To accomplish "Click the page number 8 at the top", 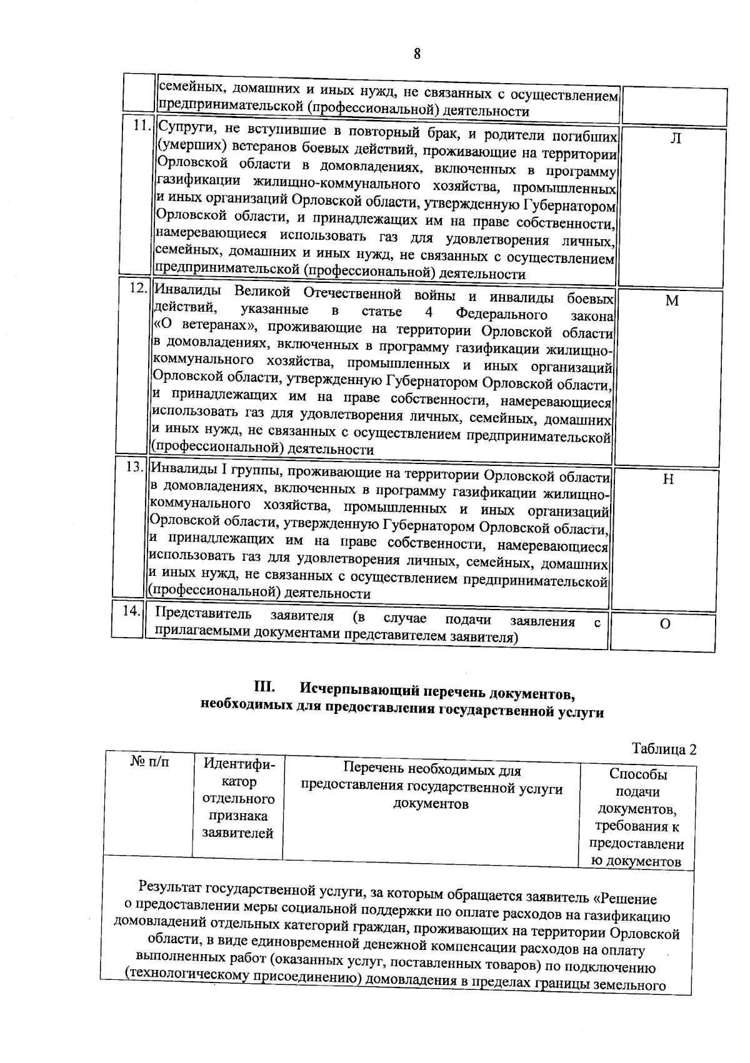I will (x=417, y=54).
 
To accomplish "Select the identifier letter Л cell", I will (x=676, y=139).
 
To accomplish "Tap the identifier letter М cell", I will (x=672, y=301).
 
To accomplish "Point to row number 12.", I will (x=138, y=289).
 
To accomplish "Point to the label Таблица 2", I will (x=664, y=749).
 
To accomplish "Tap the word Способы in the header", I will (x=638, y=774).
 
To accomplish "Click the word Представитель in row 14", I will (x=203, y=615).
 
